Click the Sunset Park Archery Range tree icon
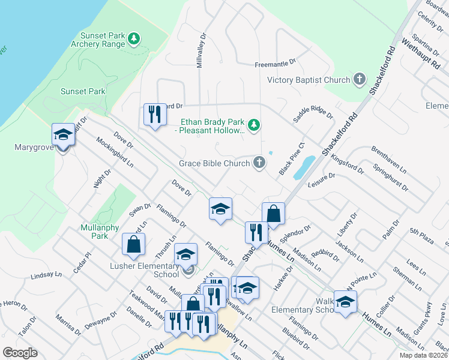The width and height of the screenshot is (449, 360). (135, 40)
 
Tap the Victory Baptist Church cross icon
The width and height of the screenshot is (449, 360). (359, 80)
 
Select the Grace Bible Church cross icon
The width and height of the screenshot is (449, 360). (259, 163)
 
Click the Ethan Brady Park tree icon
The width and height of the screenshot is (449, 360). (255, 125)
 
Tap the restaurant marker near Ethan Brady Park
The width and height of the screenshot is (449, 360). (154, 114)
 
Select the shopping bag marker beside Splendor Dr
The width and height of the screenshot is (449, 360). (273, 214)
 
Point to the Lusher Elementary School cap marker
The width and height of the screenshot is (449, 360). (186, 254)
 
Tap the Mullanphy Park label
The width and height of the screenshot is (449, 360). (95, 232)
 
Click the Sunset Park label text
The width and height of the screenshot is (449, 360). (83, 92)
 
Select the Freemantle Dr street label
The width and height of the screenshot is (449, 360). (276, 62)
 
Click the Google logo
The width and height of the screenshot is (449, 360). (20, 353)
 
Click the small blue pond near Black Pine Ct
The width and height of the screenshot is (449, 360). (305, 165)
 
